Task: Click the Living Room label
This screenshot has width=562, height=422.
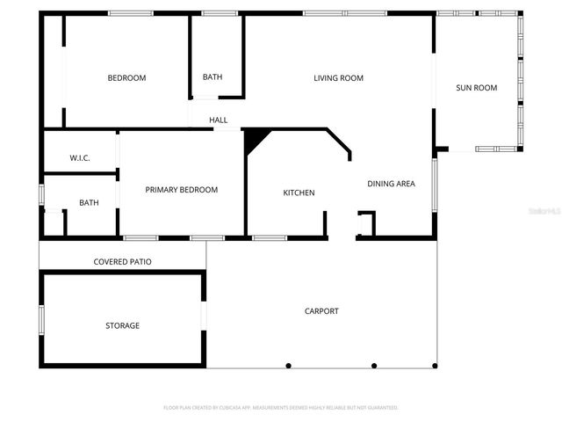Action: pyautogui.click(x=338, y=78)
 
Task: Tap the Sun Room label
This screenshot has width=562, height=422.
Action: pyautogui.click(x=476, y=88)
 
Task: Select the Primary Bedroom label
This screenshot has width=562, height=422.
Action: pyautogui.click(x=182, y=190)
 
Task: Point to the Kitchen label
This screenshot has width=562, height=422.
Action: pyautogui.click(x=299, y=193)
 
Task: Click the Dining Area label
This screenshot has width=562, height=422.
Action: pyautogui.click(x=391, y=184)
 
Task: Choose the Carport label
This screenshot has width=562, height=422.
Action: pyautogui.click(x=321, y=311)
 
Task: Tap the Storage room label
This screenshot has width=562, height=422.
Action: pyautogui.click(x=122, y=326)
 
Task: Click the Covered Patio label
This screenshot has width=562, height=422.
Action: pyautogui.click(x=123, y=262)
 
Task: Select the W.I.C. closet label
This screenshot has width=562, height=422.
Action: pyautogui.click(x=80, y=158)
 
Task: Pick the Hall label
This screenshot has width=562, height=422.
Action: pyautogui.click(x=218, y=120)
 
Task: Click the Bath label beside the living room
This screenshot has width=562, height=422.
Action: pyautogui.click(x=213, y=77)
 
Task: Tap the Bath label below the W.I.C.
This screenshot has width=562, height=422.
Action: pyautogui.click(x=89, y=203)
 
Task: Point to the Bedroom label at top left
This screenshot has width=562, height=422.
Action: pyautogui.click(x=126, y=78)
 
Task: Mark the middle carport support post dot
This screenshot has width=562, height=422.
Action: pyautogui.click(x=374, y=366)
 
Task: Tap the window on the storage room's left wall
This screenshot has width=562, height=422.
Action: pyautogui.click(x=40, y=317)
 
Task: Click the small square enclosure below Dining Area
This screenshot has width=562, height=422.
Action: pyautogui.click(x=365, y=223)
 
